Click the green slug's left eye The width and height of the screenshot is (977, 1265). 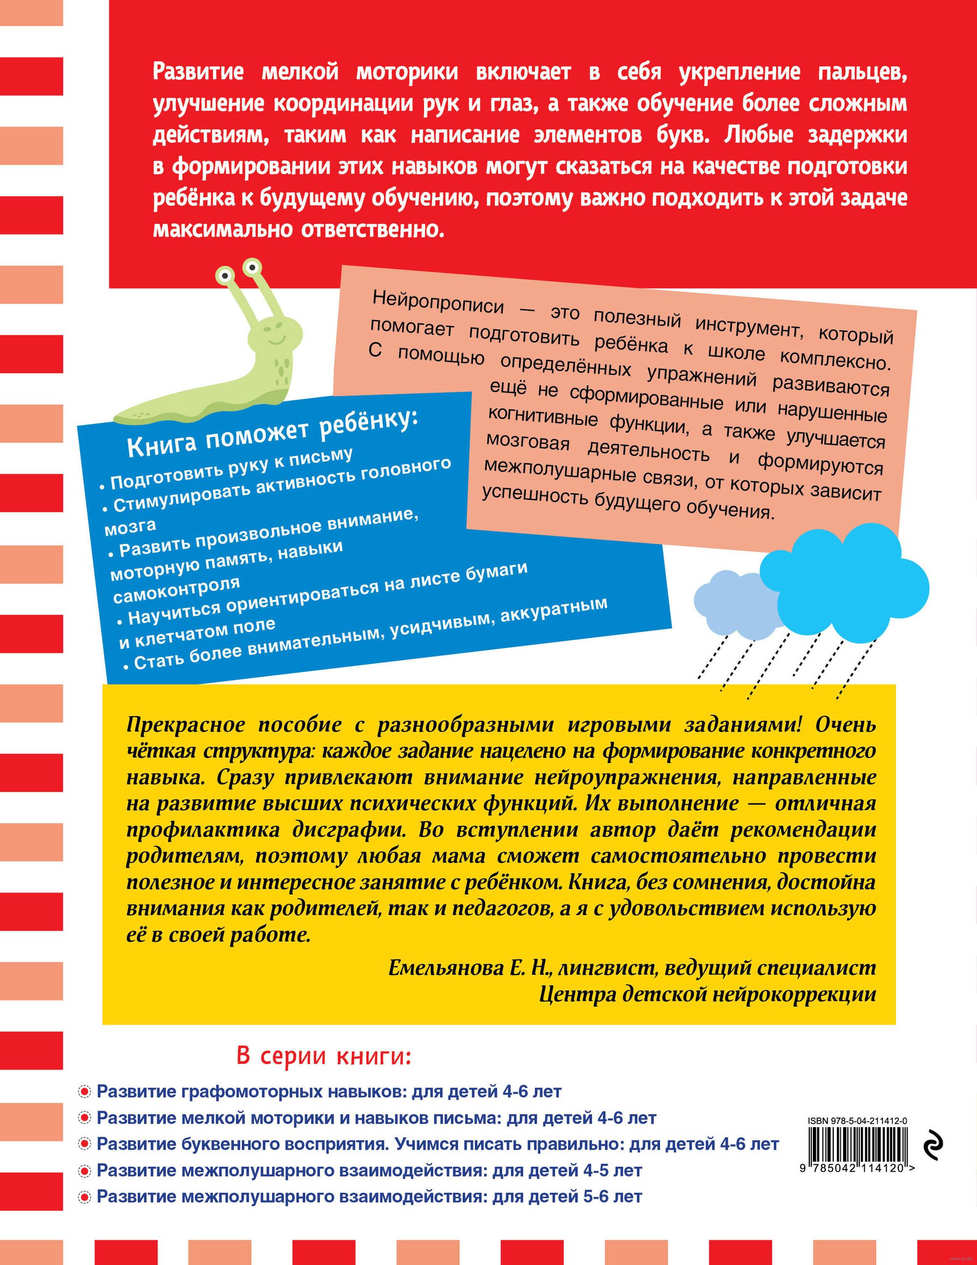pyautogui.click(x=224, y=275)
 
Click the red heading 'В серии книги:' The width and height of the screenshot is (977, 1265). pyautogui.click(x=324, y=1056)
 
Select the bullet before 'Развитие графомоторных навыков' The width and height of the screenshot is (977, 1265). pyautogui.click(x=85, y=1092)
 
